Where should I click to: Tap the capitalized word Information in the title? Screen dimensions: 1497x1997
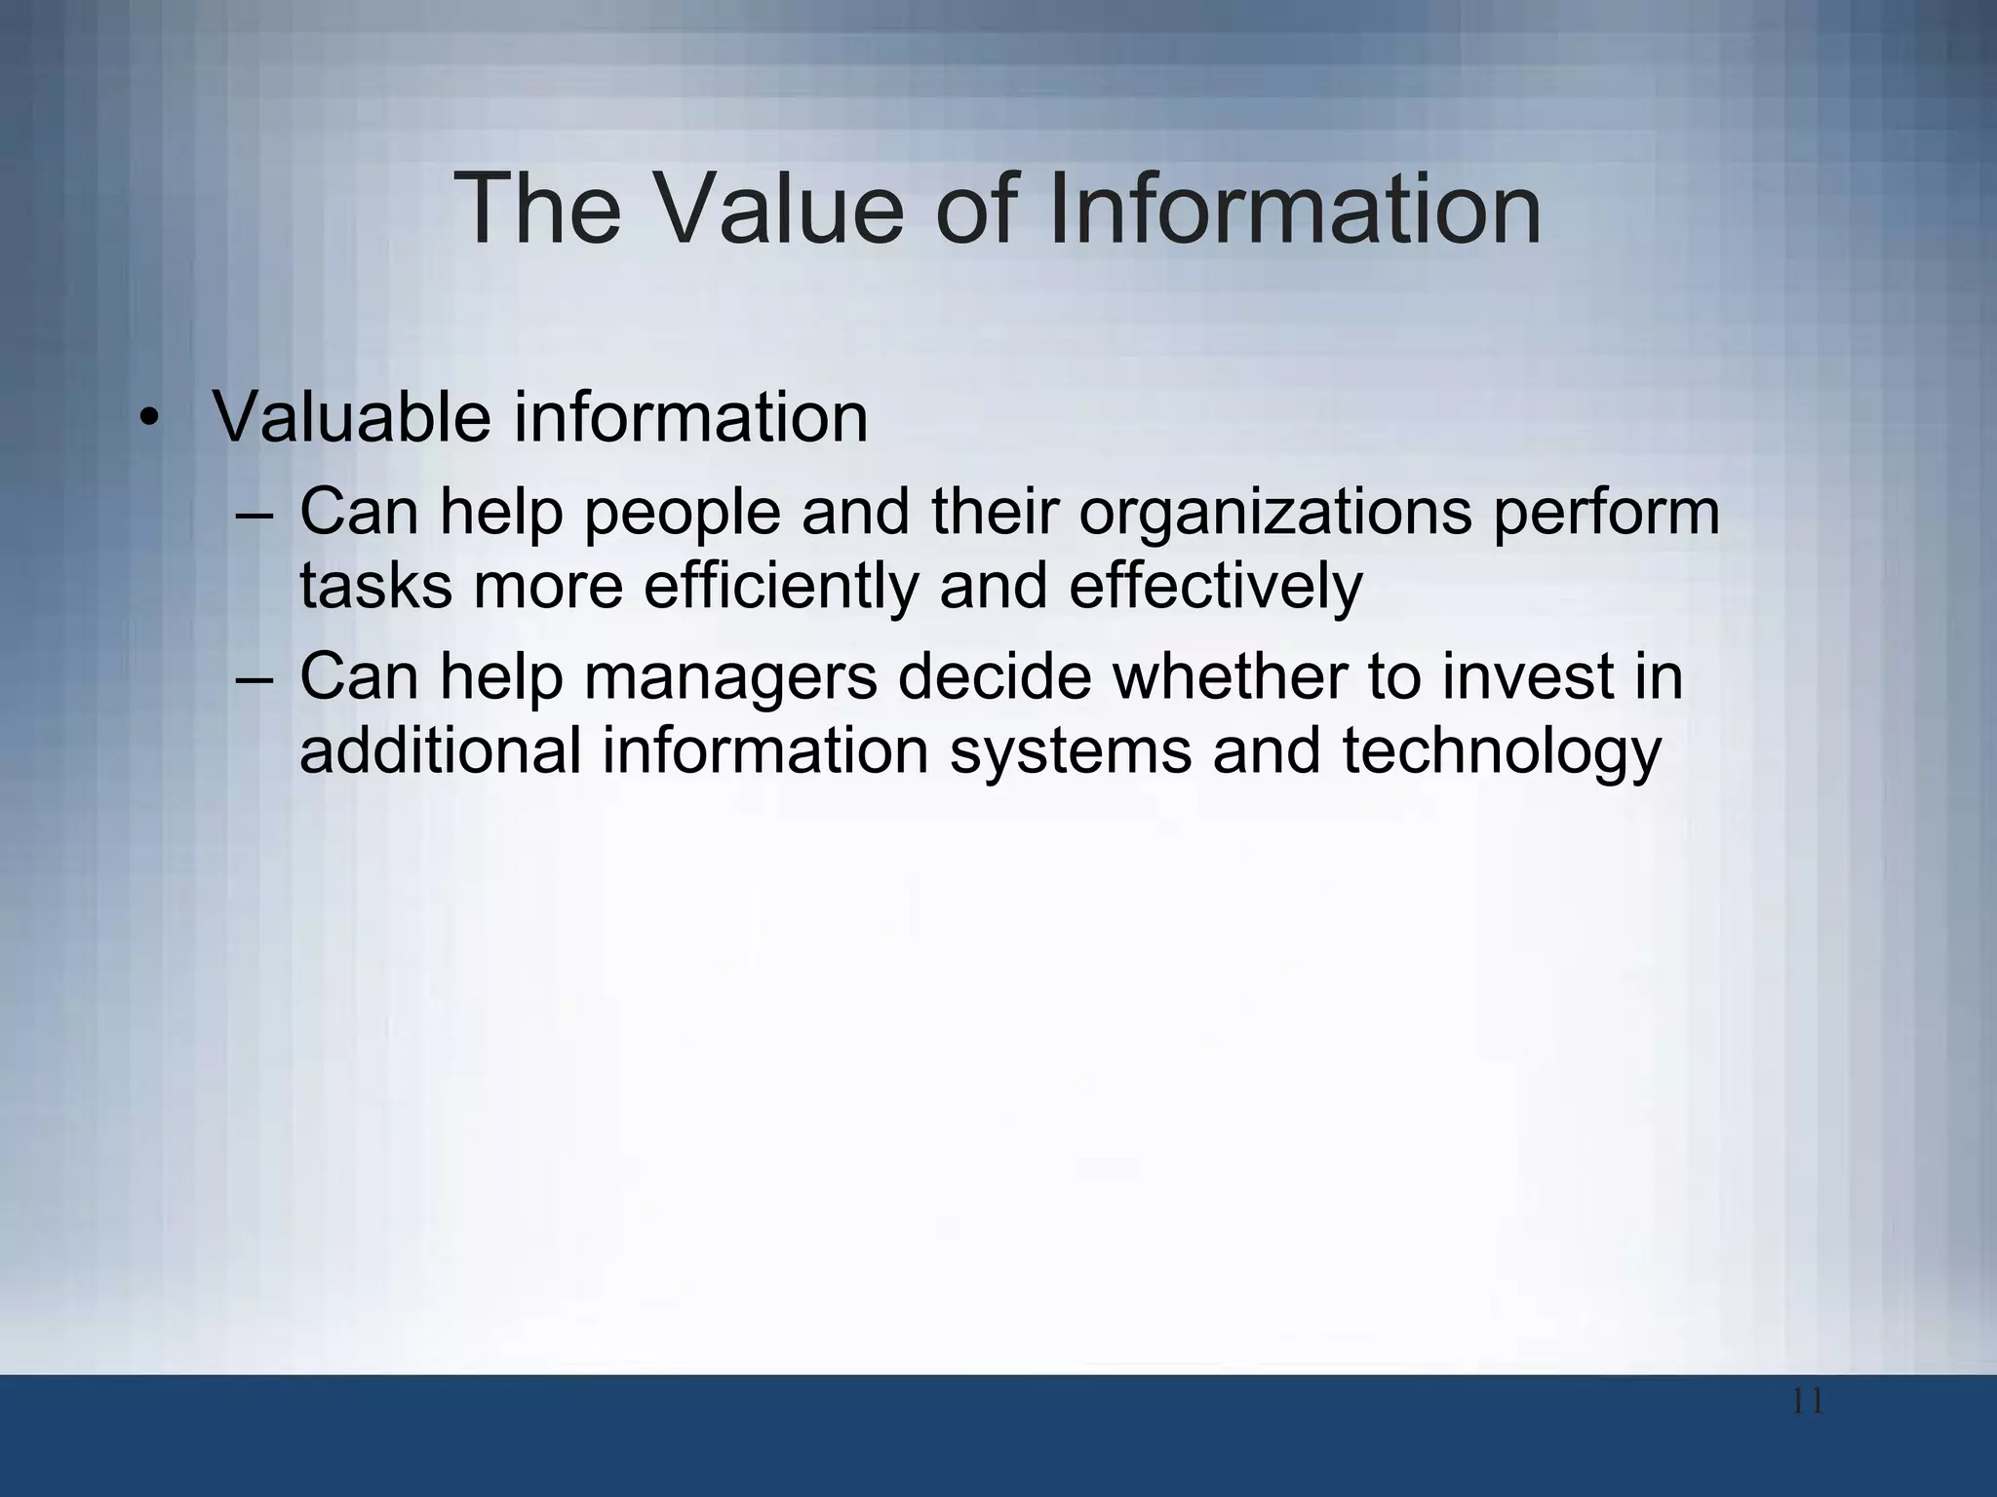coord(1297,209)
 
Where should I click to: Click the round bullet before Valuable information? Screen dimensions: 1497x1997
coord(148,420)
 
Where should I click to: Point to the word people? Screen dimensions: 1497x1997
coord(683,514)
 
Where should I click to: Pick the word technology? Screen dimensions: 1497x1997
coord(1501,752)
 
